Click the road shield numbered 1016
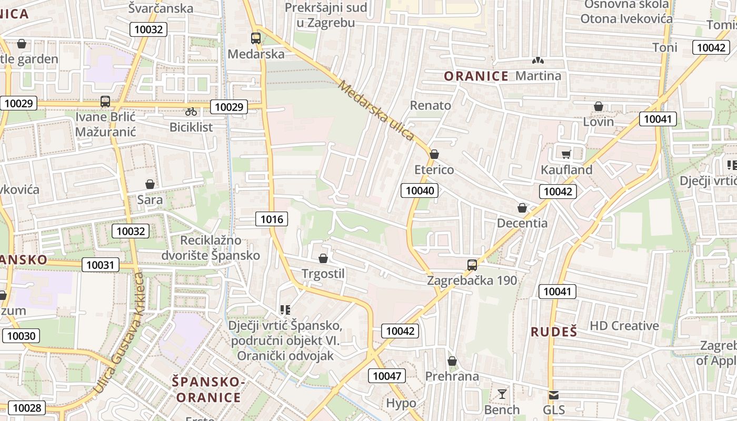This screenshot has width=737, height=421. tap(272, 219)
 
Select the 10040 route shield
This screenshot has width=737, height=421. tap(420, 191)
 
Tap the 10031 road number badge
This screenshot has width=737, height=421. tap(100, 265)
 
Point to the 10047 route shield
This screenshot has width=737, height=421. tap(386, 376)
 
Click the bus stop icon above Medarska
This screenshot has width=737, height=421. tap(256, 38)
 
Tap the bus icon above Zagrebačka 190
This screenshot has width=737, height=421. tap(472, 265)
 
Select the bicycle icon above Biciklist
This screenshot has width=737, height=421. tap(191, 112)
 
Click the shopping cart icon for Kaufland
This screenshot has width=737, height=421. tap(566, 154)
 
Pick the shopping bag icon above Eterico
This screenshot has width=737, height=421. tap(434, 154)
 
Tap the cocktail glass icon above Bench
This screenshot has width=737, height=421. tap(502, 394)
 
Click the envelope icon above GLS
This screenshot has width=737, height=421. tap(554, 395)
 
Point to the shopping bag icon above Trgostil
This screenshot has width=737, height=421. tap(323, 258)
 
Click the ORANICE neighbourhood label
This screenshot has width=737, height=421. tap(476, 76)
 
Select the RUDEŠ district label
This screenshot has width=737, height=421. tap(554, 332)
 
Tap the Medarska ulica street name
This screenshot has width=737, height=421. tap(376, 111)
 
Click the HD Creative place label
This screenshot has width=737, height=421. tap(624, 326)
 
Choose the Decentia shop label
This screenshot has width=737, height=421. tap(522, 223)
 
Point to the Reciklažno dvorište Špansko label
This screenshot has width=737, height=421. tap(220, 248)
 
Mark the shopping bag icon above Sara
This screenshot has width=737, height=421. tap(150, 184)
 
